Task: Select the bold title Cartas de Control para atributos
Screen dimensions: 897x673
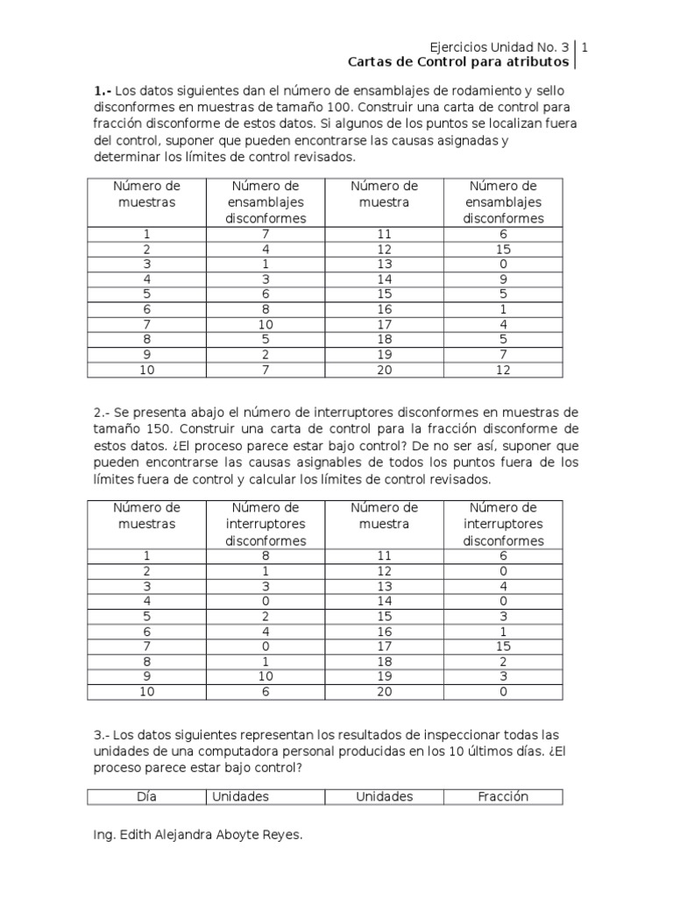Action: point(457,62)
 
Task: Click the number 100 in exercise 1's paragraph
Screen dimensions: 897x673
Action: point(336,107)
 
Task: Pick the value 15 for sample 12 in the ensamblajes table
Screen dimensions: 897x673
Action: point(503,250)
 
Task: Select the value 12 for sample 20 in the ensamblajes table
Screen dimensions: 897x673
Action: point(503,369)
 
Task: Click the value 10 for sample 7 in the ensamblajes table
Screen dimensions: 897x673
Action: point(265,325)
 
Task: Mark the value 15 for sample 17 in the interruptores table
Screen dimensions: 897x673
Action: point(503,646)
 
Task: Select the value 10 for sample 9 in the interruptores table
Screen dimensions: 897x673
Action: point(265,676)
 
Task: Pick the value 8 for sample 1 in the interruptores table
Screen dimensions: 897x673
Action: point(265,556)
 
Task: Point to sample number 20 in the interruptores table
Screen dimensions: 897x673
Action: point(384,691)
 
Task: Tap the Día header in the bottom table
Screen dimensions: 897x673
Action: point(146,796)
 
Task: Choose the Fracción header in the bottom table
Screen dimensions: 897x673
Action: point(503,796)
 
